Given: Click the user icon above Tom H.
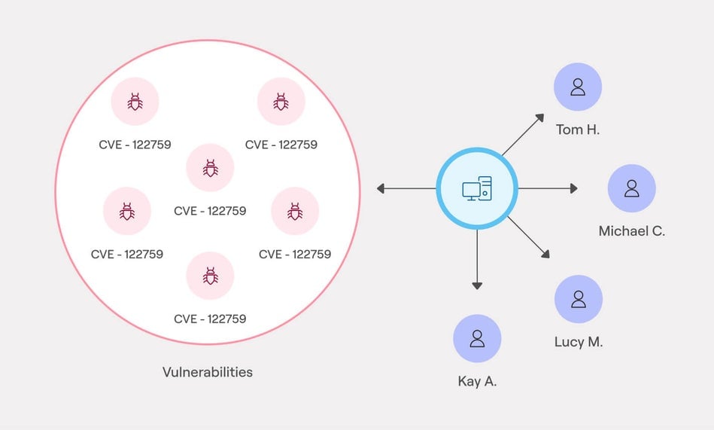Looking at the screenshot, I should (578, 87).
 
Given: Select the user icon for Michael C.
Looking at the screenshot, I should (632, 188).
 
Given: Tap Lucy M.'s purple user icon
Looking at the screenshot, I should (579, 299).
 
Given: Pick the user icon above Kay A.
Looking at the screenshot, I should (477, 338).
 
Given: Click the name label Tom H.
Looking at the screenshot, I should (578, 130).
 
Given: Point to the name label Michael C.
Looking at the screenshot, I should (632, 231).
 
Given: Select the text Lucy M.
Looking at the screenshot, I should (579, 342).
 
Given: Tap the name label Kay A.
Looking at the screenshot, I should (477, 381).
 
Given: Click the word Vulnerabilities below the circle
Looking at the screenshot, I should (208, 372).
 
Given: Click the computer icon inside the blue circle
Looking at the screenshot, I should (477, 188).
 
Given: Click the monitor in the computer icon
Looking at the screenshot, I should (472, 191).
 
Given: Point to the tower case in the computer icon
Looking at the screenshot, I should (485, 188).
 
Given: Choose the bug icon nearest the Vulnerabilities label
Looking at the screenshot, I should (210, 276).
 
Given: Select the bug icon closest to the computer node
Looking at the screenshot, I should (295, 212).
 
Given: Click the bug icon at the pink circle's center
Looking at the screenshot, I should (210, 168).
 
